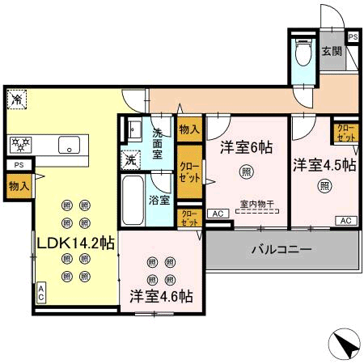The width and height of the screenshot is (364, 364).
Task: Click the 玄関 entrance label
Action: (x=332, y=51)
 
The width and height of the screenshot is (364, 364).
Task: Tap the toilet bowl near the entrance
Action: (x=303, y=54)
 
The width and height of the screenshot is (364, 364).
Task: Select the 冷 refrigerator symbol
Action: (x=16, y=99)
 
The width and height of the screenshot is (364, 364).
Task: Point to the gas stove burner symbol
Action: (x=21, y=144)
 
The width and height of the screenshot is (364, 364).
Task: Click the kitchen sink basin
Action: (x=67, y=146)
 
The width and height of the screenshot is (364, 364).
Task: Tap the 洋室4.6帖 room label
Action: (x=160, y=296)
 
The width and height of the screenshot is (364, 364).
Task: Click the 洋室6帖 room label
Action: (x=246, y=148)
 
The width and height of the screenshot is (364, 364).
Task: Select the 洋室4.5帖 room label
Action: (x=324, y=164)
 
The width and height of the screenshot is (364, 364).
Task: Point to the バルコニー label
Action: (x=281, y=250)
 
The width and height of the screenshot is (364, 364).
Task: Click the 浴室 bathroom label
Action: (x=159, y=200)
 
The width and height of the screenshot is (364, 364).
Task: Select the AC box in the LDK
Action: (x=40, y=293)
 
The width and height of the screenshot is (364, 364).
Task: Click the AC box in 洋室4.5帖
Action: (x=345, y=220)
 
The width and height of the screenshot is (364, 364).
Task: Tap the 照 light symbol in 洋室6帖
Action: (x=245, y=171)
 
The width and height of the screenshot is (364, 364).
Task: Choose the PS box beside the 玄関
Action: (x=353, y=37)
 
